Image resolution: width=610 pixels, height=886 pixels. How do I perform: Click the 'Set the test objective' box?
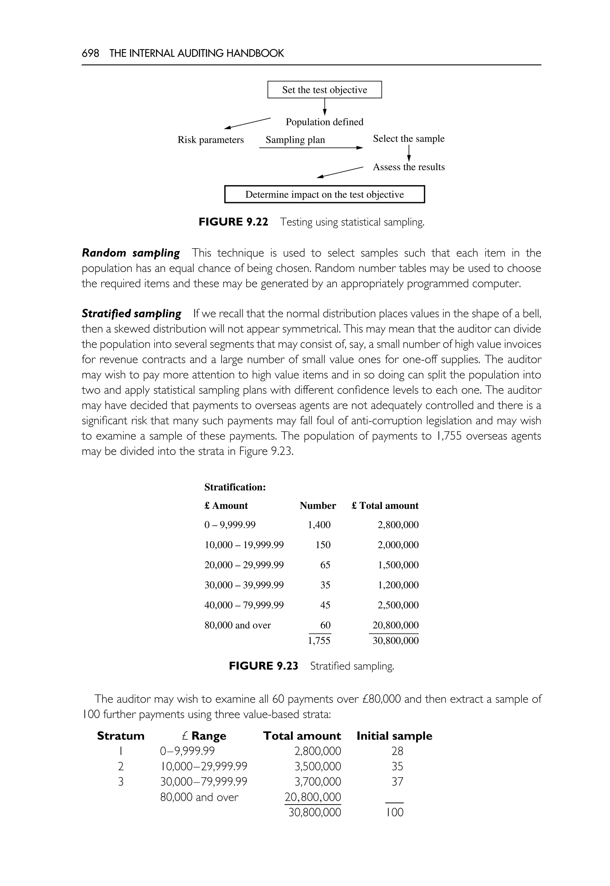pyautogui.click(x=324, y=90)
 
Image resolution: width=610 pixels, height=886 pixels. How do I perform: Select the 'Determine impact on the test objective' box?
pyautogui.click(x=324, y=194)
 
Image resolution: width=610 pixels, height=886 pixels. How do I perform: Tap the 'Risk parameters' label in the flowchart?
pyautogui.click(x=211, y=140)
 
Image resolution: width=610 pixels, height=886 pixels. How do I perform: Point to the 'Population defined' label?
pyautogui.click(x=324, y=122)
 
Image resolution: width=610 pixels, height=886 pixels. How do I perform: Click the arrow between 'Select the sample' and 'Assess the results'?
pyautogui.click(x=409, y=153)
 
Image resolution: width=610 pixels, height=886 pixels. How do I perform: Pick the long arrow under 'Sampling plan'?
pyautogui.click(x=310, y=147)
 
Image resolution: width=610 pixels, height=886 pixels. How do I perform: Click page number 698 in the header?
pyautogui.click(x=90, y=53)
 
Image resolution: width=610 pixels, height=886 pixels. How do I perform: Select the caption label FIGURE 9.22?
pyautogui.click(x=233, y=222)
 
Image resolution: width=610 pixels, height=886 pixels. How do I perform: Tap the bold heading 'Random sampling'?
pyautogui.click(x=131, y=253)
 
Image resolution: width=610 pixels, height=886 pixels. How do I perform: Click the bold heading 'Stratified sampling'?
pyautogui.click(x=131, y=314)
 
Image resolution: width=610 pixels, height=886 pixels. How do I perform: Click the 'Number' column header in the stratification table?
pyautogui.click(x=318, y=506)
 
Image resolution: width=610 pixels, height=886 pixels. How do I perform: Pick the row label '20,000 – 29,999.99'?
pyautogui.click(x=244, y=565)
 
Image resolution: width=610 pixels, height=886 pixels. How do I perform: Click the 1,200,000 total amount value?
pyautogui.click(x=398, y=585)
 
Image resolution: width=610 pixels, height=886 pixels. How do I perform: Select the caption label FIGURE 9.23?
pyautogui.click(x=263, y=666)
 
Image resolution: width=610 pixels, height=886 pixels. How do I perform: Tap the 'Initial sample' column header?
pyautogui.click(x=394, y=736)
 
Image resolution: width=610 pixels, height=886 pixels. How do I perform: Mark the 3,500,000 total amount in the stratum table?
pyautogui.click(x=318, y=766)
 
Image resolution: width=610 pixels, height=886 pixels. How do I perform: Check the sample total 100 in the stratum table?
pyautogui.click(x=394, y=812)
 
